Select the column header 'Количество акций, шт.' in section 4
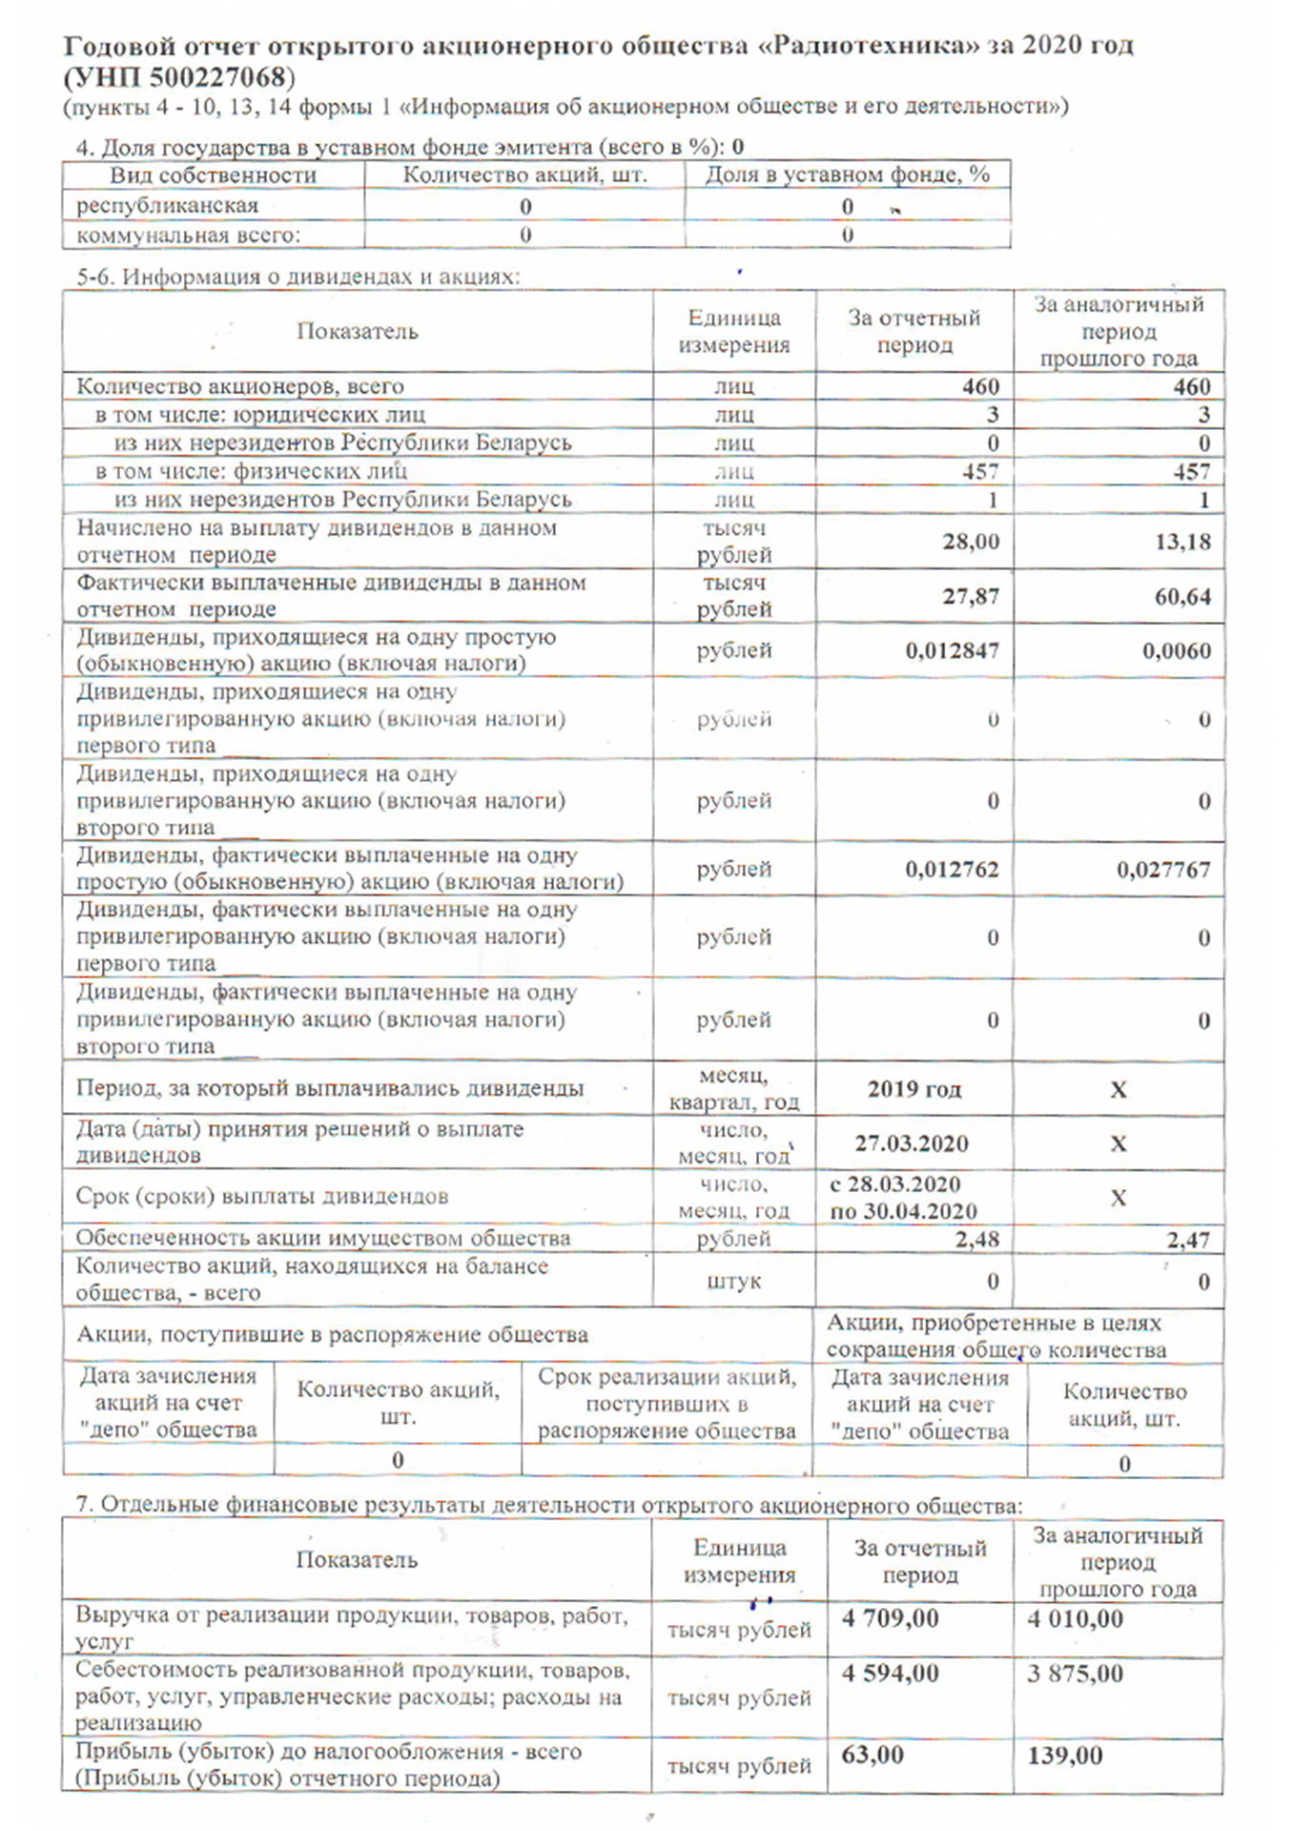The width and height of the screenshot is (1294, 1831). [x=524, y=175]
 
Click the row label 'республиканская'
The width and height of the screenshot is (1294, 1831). [x=167, y=206]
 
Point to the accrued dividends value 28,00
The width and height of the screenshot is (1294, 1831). [x=971, y=542]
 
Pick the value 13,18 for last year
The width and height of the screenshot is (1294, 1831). [x=1182, y=542]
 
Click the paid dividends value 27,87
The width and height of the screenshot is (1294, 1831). [x=971, y=596]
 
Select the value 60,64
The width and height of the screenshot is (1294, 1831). [x=1182, y=596]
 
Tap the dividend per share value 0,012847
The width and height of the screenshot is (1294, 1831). [x=952, y=650]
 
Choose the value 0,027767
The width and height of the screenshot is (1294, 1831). [x=1163, y=870]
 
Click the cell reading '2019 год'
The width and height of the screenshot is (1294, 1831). [x=914, y=1089]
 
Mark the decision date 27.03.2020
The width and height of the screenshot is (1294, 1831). [x=912, y=1143]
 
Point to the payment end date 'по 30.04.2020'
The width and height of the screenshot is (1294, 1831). [x=903, y=1212]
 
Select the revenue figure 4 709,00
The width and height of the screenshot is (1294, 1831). [x=890, y=1618]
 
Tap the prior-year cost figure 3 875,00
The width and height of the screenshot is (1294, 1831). [x=1075, y=1674]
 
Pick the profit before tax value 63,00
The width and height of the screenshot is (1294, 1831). [x=872, y=1756]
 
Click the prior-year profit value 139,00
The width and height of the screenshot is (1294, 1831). [x=1064, y=1756]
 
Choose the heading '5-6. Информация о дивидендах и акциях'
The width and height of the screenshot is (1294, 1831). [x=298, y=278]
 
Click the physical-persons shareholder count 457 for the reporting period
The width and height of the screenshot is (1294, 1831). [x=979, y=472]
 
